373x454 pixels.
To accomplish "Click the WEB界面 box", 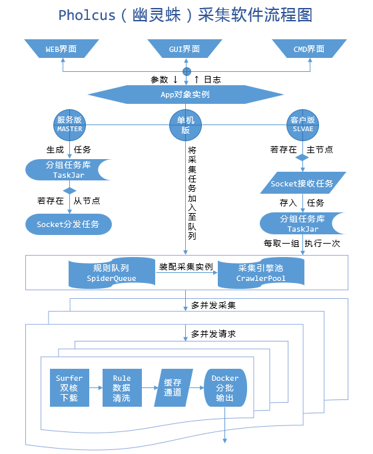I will [x=61, y=49].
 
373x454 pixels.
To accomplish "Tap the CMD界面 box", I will [x=309, y=49].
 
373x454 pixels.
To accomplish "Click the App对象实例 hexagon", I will [x=186, y=95].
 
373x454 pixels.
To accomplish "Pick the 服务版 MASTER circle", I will [x=69, y=124].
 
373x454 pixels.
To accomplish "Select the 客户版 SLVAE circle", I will [x=302, y=124].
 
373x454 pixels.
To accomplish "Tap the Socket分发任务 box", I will [x=68, y=224].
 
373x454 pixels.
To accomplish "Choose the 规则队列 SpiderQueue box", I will [x=111, y=272].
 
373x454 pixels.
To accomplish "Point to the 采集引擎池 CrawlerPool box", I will [x=261, y=272].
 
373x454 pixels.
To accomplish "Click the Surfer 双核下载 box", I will [x=69, y=388].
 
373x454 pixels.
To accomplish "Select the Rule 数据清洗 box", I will [x=121, y=388].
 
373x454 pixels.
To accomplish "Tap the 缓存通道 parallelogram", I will [x=173, y=388].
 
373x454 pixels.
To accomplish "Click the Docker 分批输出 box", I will [x=225, y=388].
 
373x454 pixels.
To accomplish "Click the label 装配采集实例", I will [x=186, y=267].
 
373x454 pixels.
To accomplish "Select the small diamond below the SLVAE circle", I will [x=302, y=158].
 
